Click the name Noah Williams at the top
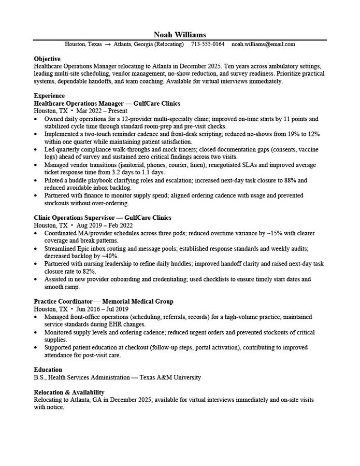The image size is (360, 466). [x=180, y=34]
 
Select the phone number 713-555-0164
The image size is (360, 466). [x=208, y=45]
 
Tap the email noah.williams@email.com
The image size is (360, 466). [x=263, y=45]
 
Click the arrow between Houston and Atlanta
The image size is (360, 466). [x=108, y=45]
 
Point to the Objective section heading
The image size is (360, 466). [x=47, y=59]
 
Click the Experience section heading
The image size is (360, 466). [x=49, y=96]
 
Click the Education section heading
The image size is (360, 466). [x=48, y=370]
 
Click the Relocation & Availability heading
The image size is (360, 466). [x=69, y=392]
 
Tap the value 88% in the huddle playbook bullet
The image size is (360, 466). [x=289, y=180]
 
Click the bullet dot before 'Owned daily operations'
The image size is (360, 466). [x=36, y=119]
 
